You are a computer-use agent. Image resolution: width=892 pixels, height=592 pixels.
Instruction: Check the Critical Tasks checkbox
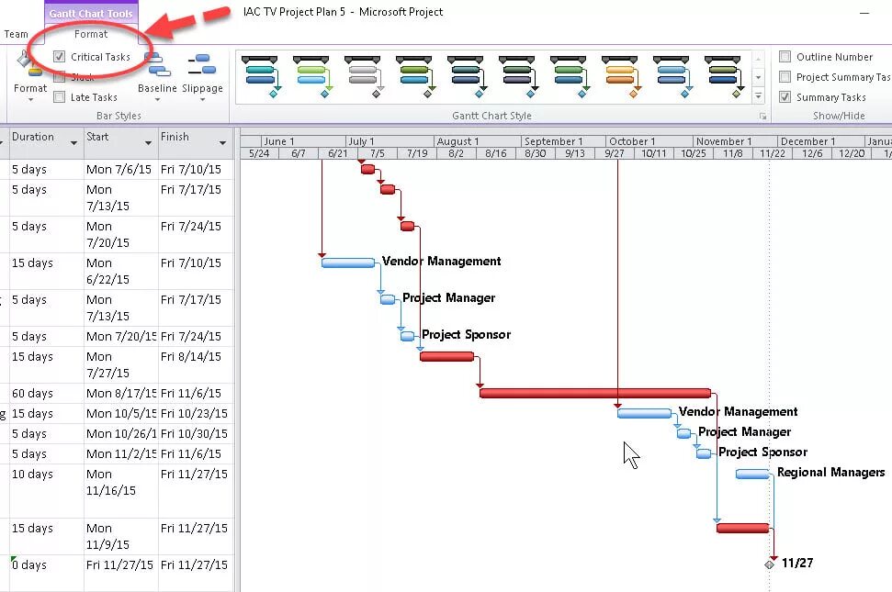pos(60,57)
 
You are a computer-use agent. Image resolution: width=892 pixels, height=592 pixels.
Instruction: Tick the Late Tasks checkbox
pos(60,97)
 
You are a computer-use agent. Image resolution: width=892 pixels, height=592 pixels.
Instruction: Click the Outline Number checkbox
pos(785,57)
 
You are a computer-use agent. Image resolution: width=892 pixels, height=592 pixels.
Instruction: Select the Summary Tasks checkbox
pos(785,97)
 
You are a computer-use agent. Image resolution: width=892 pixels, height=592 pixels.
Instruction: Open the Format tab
pos(91,34)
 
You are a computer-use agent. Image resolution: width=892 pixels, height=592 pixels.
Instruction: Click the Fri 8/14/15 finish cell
pos(191,357)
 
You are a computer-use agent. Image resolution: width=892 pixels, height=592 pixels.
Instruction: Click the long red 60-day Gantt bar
pos(594,393)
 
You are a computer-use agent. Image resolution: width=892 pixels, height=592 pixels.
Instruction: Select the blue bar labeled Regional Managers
pos(752,474)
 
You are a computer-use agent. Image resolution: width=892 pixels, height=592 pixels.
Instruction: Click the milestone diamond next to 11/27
pos(770,564)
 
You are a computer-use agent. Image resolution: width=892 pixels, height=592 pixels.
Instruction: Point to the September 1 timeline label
pos(554,141)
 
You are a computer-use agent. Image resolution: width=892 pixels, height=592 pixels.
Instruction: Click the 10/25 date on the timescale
pos(694,153)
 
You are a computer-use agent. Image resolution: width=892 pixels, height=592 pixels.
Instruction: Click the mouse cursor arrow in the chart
pos(631,454)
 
